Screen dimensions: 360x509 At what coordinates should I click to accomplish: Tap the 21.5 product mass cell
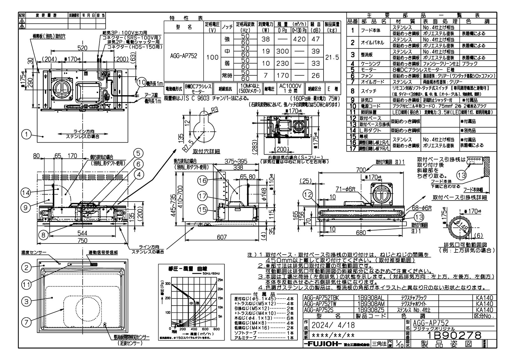point(332,58)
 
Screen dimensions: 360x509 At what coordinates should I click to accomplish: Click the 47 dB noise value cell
point(315,39)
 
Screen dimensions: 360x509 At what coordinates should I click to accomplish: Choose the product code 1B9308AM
point(371,304)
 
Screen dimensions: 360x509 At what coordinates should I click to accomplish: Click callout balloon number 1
point(27,135)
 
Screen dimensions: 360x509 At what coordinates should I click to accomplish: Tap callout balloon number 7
point(27,321)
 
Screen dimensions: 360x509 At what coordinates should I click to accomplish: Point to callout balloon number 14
point(27,192)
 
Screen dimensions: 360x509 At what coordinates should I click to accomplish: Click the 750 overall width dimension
point(83,241)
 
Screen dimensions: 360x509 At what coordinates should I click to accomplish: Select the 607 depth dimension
point(222,237)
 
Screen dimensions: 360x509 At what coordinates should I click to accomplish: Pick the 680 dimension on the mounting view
point(361,233)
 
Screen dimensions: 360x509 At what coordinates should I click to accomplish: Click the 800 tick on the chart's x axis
point(216,329)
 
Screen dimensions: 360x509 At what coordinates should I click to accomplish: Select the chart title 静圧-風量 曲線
point(185,269)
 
